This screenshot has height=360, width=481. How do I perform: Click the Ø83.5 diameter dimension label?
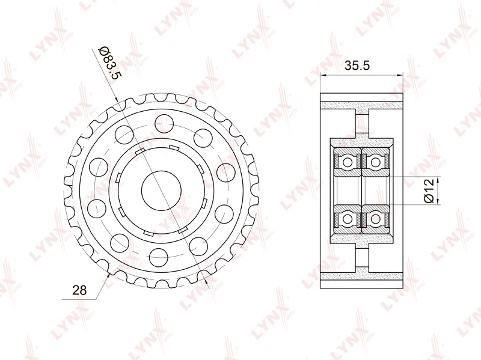109,63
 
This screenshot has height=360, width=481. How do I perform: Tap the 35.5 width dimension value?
357,66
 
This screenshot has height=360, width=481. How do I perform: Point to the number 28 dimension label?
79,290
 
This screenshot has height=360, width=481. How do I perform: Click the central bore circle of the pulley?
161,190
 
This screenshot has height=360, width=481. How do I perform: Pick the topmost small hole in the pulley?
164,124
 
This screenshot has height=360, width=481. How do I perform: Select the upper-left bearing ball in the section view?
348,162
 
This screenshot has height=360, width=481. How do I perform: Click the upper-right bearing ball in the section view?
375,162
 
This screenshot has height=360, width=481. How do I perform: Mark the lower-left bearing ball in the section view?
348,219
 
